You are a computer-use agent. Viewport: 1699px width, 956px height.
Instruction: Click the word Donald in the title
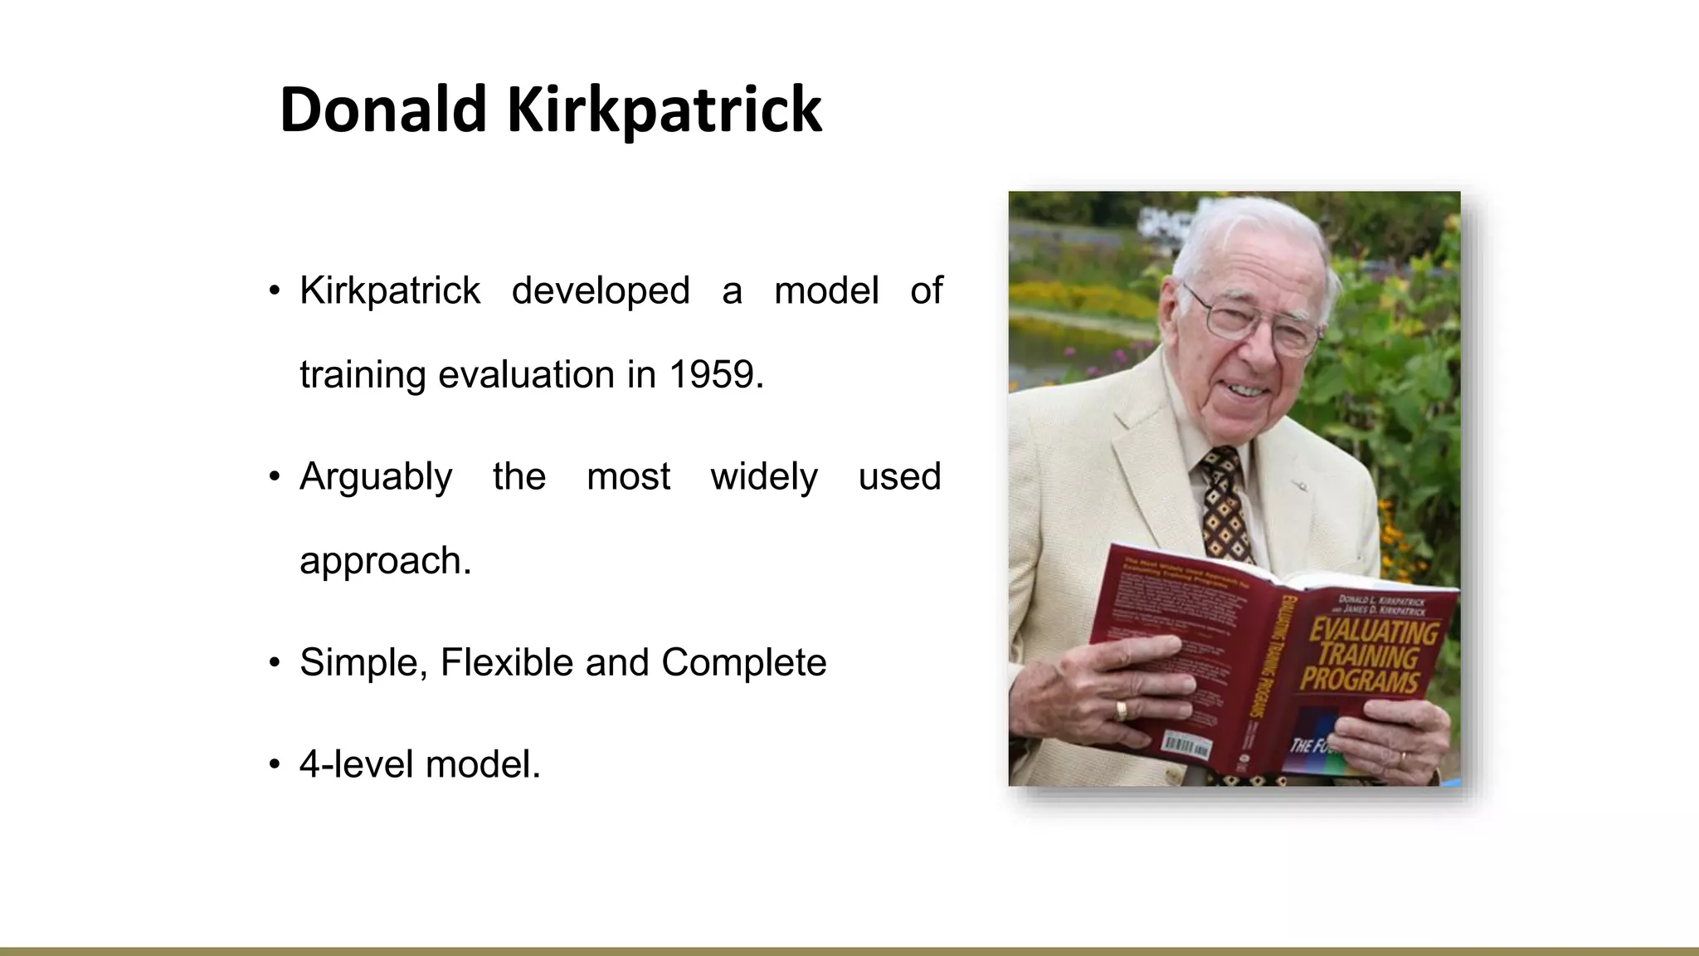pyautogui.click(x=382, y=110)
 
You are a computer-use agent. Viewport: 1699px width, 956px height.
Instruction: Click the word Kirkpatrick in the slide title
pyautogui.click(x=664, y=110)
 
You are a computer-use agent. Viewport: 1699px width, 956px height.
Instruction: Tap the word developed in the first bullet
pyautogui.click(x=601, y=290)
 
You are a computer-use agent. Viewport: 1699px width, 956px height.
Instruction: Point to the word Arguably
pyautogui.click(x=376, y=477)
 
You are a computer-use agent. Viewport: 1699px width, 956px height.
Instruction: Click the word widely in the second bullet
pyautogui.click(x=763, y=477)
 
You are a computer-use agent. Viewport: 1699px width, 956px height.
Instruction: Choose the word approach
pyautogui.click(x=385, y=561)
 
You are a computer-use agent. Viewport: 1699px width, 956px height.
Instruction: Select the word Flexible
pyautogui.click(x=507, y=662)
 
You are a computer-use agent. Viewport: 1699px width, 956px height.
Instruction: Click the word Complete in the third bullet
pyautogui.click(x=743, y=662)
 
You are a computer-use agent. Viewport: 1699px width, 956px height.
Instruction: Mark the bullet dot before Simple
pyautogui.click(x=275, y=663)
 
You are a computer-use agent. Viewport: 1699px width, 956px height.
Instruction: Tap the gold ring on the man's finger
pyautogui.click(x=1121, y=710)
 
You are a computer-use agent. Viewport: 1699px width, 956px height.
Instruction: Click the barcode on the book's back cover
pyautogui.click(x=1187, y=744)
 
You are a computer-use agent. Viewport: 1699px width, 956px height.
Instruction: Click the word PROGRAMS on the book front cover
pyautogui.click(x=1360, y=681)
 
